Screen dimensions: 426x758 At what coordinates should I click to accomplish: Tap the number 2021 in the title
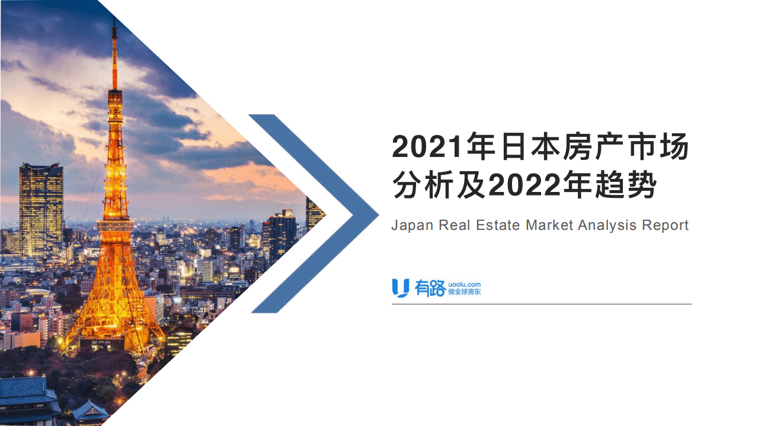point(427,148)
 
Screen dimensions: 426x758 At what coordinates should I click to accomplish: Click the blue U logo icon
point(401,287)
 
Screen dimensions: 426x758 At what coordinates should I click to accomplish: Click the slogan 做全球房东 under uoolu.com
point(464,292)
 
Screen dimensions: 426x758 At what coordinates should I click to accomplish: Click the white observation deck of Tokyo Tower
point(115,226)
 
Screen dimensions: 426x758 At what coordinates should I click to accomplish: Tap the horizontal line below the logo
point(541,304)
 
